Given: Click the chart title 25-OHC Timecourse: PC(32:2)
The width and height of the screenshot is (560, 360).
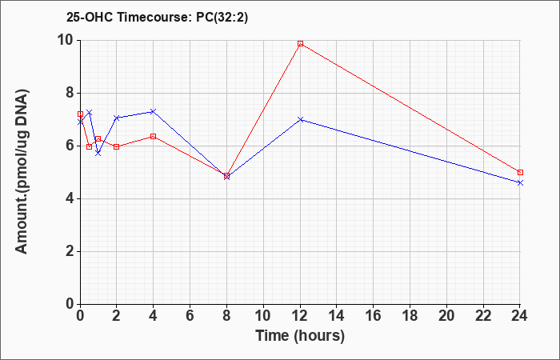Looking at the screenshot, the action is click(x=157, y=18).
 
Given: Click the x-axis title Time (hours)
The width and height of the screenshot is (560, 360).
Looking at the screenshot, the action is click(x=300, y=336).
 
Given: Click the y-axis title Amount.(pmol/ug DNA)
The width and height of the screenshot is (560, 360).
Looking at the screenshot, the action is click(x=22, y=172).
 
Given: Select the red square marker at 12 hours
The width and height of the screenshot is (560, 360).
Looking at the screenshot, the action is click(x=300, y=43).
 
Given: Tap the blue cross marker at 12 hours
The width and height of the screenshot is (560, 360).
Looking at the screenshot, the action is click(x=300, y=119).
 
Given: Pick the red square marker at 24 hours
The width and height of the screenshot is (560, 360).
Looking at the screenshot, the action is click(x=520, y=173).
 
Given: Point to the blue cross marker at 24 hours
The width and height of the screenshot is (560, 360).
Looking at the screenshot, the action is click(x=520, y=183).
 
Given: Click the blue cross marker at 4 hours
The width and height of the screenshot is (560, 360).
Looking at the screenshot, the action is click(x=154, y=111).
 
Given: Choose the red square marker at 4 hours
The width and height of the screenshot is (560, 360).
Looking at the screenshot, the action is click(x=154, y=137).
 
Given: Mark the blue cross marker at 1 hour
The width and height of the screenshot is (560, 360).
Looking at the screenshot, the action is click(x=98, y=154).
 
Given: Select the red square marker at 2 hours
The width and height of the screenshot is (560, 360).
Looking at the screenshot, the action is click(x=117, y=146).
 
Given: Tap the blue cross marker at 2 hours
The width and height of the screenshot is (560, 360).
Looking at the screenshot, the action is click(x=117, y=118).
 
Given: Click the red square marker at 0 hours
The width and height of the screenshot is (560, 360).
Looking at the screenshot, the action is click(x=80, y=114).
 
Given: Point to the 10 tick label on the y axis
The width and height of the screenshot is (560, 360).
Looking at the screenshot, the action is click(x=66, y=40).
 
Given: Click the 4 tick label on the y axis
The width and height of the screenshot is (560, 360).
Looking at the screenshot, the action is click(x=71, y=198).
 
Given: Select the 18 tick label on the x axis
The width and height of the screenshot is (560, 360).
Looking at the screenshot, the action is click(x=410, y=316).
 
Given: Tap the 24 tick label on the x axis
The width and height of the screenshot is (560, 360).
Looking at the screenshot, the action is click(x=520, y=316).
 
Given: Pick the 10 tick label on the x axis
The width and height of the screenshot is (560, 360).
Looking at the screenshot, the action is click(x=263, y=316).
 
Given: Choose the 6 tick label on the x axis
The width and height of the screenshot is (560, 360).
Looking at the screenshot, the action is click(x=190, y=316).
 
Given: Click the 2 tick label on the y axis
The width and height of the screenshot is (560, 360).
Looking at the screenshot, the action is click(x=71, y=251).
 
